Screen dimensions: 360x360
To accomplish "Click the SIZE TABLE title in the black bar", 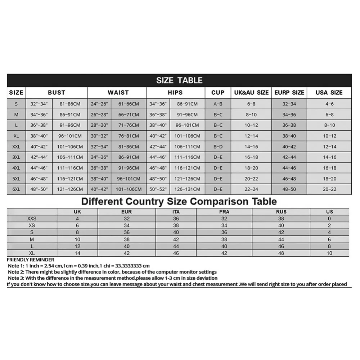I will click(x=179, y=80).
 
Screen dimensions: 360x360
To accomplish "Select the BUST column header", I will click(x=57, y=93).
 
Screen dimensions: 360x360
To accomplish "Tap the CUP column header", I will click(x=218, y=93).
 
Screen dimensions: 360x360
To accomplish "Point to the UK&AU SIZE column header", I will click(x=251, y=93).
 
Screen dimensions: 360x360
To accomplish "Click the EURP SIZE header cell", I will click(x=289, y=93).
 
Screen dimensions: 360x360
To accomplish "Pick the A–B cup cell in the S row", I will click(x=218, y=104).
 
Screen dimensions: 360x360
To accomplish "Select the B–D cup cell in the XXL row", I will click(x=218, y=147).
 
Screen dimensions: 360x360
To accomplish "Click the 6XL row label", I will click(x=16, y=189).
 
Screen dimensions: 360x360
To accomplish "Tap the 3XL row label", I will click(x=16, y=157).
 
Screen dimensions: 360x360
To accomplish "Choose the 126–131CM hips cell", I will click(x=187, y=189).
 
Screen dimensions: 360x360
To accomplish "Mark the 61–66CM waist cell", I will click(x=129, y=104).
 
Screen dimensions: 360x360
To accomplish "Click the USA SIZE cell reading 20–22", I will click(x=329, y=189).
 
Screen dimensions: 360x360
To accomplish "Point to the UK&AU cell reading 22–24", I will click(x=251, y=189).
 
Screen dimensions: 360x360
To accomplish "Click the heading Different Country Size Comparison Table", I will click(x=179, y=201).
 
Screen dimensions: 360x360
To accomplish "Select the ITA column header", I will click(x=176, y=212).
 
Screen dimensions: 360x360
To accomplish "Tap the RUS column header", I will click(x=281, y=212).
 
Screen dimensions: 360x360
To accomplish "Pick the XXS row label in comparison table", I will click(x=32, y=218).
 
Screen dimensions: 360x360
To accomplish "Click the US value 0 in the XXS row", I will click(x=329, y=218).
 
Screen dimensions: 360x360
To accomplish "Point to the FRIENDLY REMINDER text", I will click(x=31, y=260).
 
